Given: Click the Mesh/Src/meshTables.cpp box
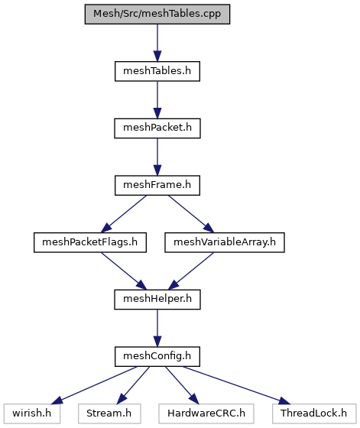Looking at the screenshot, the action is pos(157,14).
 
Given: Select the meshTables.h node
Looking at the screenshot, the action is pos(157,71).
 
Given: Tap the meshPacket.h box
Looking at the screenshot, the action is pos(157,128).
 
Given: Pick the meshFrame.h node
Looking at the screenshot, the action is pos(157,185).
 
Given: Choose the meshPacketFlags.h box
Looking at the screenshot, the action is pos(90,242).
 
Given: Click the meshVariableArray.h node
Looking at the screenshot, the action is pos(225,242).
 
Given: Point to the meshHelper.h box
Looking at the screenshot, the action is pos(157,300).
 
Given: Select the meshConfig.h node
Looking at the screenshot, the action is pos(157,356).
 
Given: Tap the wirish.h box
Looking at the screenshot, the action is pos(32,413).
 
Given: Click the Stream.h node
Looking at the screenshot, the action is pos(109,413).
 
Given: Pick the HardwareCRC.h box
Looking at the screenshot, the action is pos(206,413).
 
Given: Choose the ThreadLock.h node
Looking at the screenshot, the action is pos(314,413).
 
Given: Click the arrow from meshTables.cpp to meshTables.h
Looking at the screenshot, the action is pos(157,43).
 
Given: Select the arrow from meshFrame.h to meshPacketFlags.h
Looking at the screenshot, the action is pos(124,214).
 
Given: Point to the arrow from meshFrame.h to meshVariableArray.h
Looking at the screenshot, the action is pos(191,214).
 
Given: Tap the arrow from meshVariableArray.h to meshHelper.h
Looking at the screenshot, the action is pos(191,271).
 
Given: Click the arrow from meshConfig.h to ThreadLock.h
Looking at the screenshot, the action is pos(237,385).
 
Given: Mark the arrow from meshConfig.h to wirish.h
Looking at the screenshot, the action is pos(93,385).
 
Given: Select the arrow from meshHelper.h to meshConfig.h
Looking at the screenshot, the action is pos(157,328).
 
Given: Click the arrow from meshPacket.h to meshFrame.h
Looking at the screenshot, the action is pos(157,157).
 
